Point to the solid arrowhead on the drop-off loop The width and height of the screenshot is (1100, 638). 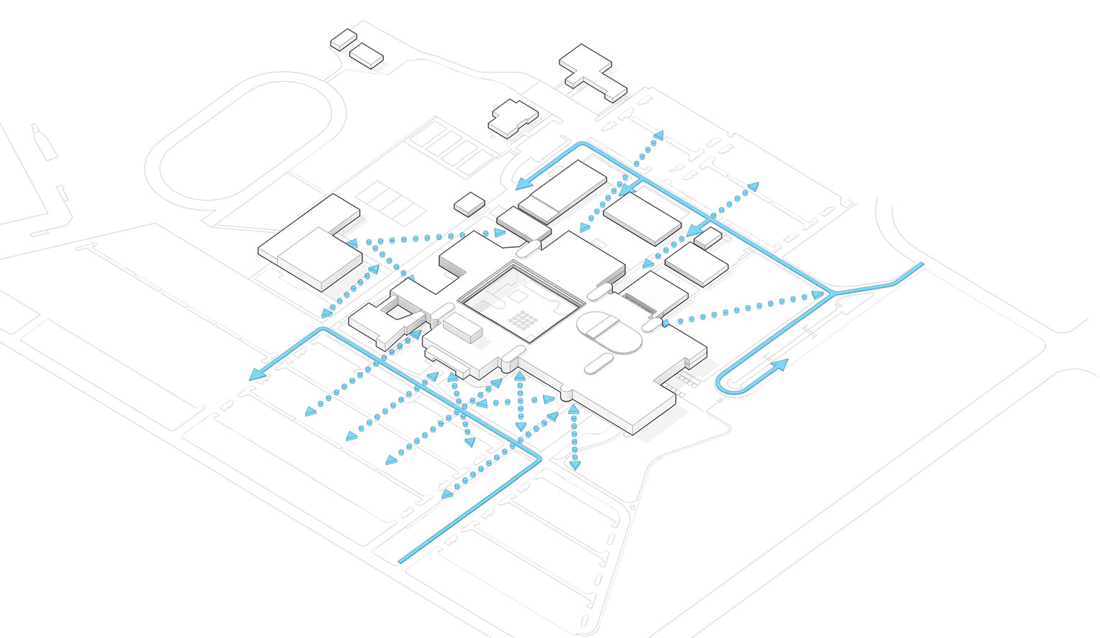tap(780, 364)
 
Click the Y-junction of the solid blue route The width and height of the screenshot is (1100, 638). tap(833, 293)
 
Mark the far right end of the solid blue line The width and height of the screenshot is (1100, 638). tap(921, 264)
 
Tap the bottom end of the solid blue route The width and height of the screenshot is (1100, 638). tap(400, 560)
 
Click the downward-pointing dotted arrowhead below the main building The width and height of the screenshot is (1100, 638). tap(574, 466)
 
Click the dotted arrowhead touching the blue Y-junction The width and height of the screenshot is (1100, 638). tap(817, 295)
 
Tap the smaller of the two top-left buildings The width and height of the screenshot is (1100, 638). tap(343, 39)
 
